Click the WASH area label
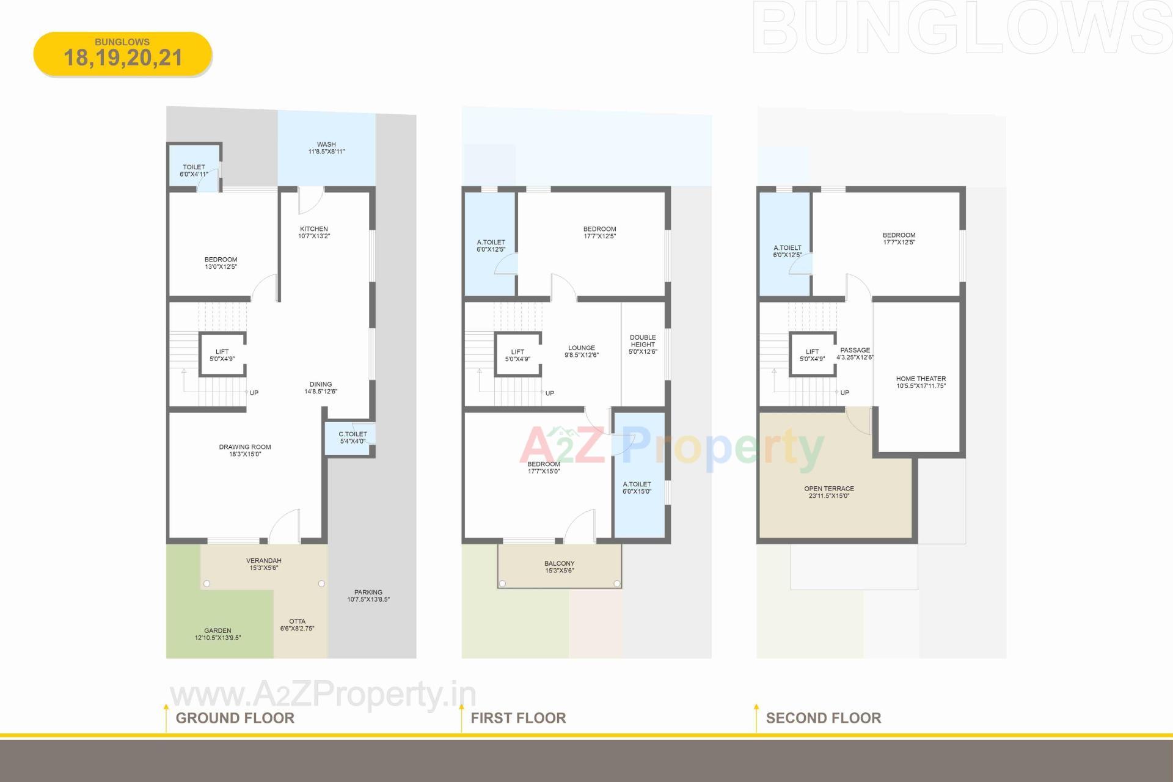click(326, 148)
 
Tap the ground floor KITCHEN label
click(314, 232)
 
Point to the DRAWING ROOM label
click(245, 450)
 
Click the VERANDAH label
click(264, 564)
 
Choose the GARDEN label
click(218, 634)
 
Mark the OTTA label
click(298, 624)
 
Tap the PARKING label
click(368, 596)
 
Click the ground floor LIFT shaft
click(222, 355)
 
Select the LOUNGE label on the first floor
click(582, 351)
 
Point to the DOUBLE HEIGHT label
click(643, 344)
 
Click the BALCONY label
click(560, 567)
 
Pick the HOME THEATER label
click(921, 382)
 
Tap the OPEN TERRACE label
click(829, 492)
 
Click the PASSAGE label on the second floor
click(855, 353)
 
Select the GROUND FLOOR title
click(235, 718)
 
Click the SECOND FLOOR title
click(824, 718)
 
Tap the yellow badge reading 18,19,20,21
click(123, 54)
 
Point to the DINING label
click(321, 387)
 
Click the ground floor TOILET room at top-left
click(194, 170)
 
